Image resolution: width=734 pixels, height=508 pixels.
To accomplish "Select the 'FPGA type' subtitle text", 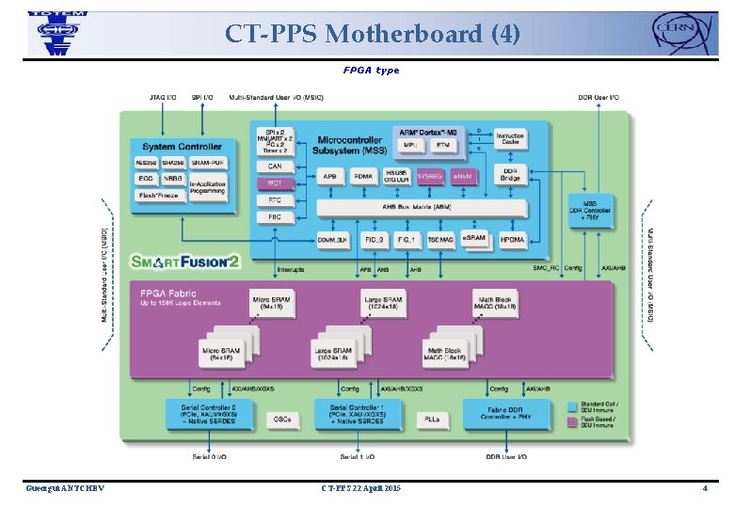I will click(x=371, y=71).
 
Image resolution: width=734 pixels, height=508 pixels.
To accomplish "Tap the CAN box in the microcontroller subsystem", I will click(x=275, y=167).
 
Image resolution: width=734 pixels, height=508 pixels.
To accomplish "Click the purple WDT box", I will click(x=275, y=183).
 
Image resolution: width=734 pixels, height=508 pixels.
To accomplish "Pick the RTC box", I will click(x=275, y=200).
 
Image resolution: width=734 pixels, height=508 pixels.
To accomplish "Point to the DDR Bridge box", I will click(x=509, y=174).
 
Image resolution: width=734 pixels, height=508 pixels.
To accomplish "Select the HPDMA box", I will click(x=512, y=240).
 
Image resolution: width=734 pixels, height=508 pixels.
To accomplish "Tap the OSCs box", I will click(x=281, y=418).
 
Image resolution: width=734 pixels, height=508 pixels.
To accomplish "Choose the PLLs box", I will click(x=433, y=418).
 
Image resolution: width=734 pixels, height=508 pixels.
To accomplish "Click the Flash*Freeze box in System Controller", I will click(x=162, y=196).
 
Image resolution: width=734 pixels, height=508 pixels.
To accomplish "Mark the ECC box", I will click(x=146, y=179).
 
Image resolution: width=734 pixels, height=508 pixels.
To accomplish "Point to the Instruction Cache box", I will click(x=509, y=139).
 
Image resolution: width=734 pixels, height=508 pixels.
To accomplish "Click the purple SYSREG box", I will click(x=429, y=175).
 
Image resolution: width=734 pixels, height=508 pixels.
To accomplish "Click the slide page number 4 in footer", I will click(x=704, y=488).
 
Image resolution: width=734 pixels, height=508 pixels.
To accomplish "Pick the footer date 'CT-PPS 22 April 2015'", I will click(x=360, y=488).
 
